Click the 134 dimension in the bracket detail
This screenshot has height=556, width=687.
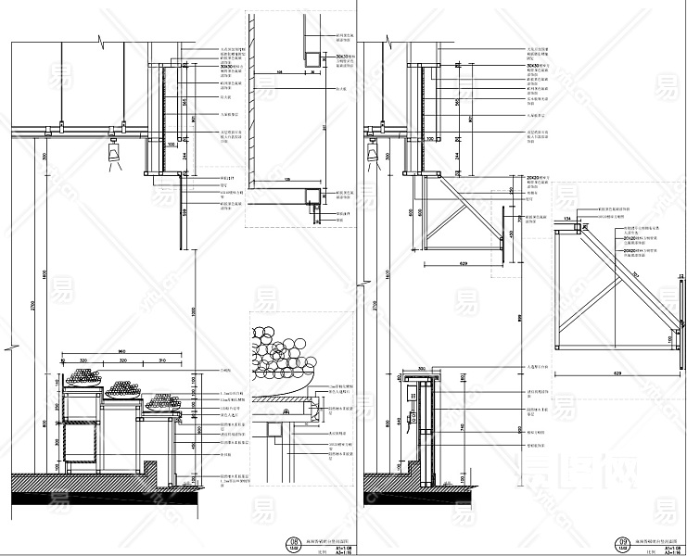pos(566,221)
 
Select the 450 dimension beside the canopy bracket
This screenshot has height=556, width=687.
pos(511,234)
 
